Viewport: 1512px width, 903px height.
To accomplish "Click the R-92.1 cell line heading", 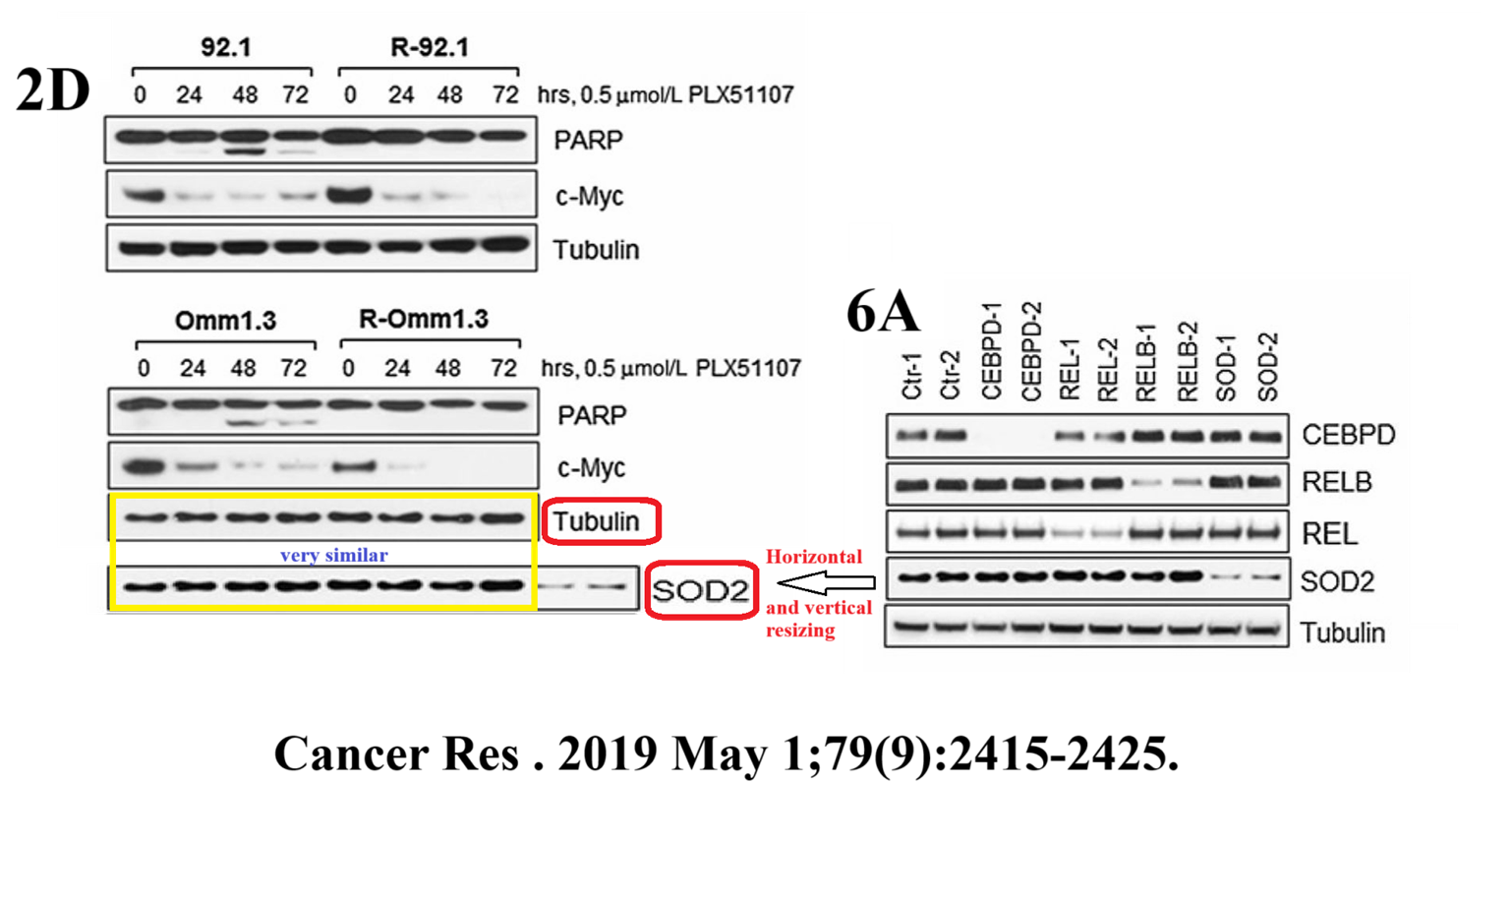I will point(430,47).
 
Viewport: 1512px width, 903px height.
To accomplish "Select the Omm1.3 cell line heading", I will point(225,321).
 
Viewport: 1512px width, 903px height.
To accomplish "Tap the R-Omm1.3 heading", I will point(424,319).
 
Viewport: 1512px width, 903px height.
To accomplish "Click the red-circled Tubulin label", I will point(597,520).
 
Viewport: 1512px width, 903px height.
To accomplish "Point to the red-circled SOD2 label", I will point(701,590).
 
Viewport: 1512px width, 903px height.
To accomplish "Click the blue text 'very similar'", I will point(333,556).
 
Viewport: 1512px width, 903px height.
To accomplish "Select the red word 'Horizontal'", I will point(814,557).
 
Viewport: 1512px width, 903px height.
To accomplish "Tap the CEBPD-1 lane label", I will point(992,351).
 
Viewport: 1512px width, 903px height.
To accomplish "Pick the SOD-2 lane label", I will point(1268,367).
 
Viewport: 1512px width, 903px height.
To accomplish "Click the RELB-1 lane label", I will point(1146,363).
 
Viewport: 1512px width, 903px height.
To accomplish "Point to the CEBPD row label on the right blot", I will point(1348,435).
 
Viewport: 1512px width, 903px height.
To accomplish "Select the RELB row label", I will point(1337,482).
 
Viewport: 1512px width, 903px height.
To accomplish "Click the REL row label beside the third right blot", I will point(1329,534).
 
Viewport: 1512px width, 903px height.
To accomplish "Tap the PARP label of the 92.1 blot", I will point(588,141).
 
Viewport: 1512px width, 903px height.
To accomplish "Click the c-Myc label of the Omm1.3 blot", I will point(590,468).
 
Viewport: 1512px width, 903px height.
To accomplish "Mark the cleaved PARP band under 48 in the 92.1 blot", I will point(245,152).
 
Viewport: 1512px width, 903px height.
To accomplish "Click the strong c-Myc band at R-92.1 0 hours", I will point(349,195).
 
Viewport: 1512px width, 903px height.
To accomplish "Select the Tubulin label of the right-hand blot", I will point(1342,632).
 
